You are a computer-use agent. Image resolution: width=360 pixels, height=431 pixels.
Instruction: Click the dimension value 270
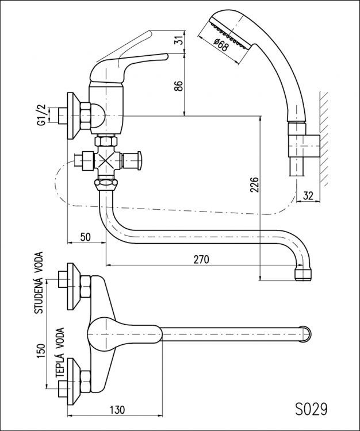click(x=201, y=259)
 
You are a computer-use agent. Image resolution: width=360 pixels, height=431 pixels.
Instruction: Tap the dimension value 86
click(x=178, y=86)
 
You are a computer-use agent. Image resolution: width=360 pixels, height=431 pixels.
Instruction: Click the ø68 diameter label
click(x=220, y=45)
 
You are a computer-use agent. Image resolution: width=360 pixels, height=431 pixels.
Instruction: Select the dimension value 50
click(x=86, y=237)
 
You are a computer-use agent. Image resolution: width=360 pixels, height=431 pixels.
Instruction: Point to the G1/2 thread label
click(x=41, y=115)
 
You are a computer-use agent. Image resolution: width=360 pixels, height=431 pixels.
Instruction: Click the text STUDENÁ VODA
click(x=40, y=286)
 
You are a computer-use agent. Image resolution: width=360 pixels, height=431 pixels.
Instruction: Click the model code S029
click(x=311, y=409)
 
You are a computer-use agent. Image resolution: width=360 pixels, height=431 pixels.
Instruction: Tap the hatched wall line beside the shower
click(x=324, y=138)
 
